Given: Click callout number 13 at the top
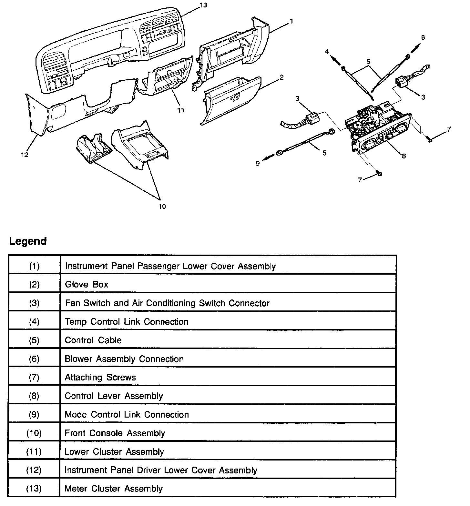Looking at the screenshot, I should [x=204, y=5].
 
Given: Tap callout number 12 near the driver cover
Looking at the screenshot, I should [x=25, y=155].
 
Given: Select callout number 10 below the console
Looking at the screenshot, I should [x=162, y=206].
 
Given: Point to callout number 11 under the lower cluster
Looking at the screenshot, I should [x=181, y=110].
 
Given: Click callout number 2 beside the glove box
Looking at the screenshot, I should [x=281, y=77].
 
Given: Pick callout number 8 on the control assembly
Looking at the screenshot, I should [x=404, y=156].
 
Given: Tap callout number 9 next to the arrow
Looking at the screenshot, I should [x=258, y=164].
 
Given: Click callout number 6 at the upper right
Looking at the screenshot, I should [x=423, y=37].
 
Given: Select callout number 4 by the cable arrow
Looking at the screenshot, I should [x=327, y=51].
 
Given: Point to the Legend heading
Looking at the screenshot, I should [x=28, y=241].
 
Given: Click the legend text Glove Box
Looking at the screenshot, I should [x=87, y=284].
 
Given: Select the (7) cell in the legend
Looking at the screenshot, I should [x=34, y=377].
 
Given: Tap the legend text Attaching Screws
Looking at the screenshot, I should [x=100, y=377].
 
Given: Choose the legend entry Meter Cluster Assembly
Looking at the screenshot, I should [x=114, y=489].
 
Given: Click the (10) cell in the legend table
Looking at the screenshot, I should [x=34, y=433].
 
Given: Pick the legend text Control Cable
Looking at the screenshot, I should [x=93, y=340].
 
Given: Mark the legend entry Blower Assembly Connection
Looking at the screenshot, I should [x=124, y=359].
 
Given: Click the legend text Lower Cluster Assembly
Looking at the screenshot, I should [x=114, y=451].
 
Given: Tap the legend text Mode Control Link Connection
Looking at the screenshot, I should [x=127, y=414].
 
